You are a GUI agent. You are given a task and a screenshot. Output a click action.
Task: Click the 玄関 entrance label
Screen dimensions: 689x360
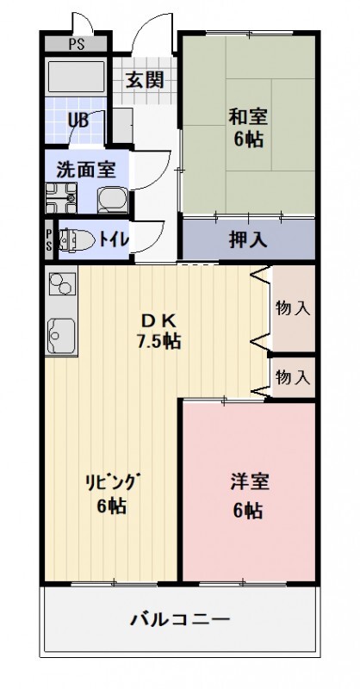click(146, 80)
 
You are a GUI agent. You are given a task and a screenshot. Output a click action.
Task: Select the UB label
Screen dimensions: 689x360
click(78, 121)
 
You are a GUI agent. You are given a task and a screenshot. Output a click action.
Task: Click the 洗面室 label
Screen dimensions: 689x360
click(86, 169)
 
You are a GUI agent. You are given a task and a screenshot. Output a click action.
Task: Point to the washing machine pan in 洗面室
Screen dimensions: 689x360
click(61, 199)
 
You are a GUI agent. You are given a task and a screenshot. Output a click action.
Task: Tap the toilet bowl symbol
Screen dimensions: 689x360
click(76, 239)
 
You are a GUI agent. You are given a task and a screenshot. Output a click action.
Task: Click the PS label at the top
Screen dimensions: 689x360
click(76, 42)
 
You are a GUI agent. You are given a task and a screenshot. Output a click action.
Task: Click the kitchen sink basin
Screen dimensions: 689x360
click(61, 332)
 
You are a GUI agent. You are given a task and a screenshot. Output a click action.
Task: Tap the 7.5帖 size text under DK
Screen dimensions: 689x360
click(160, 340)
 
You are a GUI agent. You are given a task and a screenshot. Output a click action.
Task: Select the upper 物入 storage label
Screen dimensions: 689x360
click(293, 307)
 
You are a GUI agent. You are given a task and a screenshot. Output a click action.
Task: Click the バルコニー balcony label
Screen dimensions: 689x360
click(180, 618)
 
